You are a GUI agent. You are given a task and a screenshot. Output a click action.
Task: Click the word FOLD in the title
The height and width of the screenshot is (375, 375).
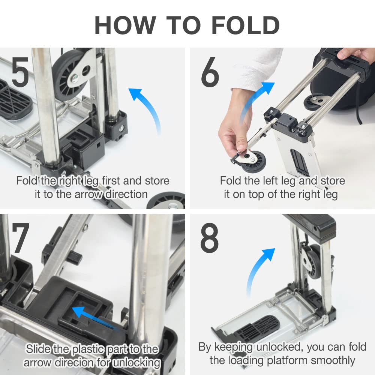coord(246,25)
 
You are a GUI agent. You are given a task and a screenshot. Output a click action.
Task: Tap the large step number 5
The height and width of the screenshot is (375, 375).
coord(20,72)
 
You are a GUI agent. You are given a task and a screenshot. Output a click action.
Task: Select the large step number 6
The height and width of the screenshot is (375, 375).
coord(210,72)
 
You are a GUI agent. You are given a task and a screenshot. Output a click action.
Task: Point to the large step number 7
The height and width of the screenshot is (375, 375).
coord(21,238)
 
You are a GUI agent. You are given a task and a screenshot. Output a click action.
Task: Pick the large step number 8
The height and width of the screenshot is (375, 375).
coord(210,238)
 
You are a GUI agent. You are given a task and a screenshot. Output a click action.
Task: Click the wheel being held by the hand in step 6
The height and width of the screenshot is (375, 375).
coord(253,161)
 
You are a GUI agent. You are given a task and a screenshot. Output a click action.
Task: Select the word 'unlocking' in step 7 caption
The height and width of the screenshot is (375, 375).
coord(136,363)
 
